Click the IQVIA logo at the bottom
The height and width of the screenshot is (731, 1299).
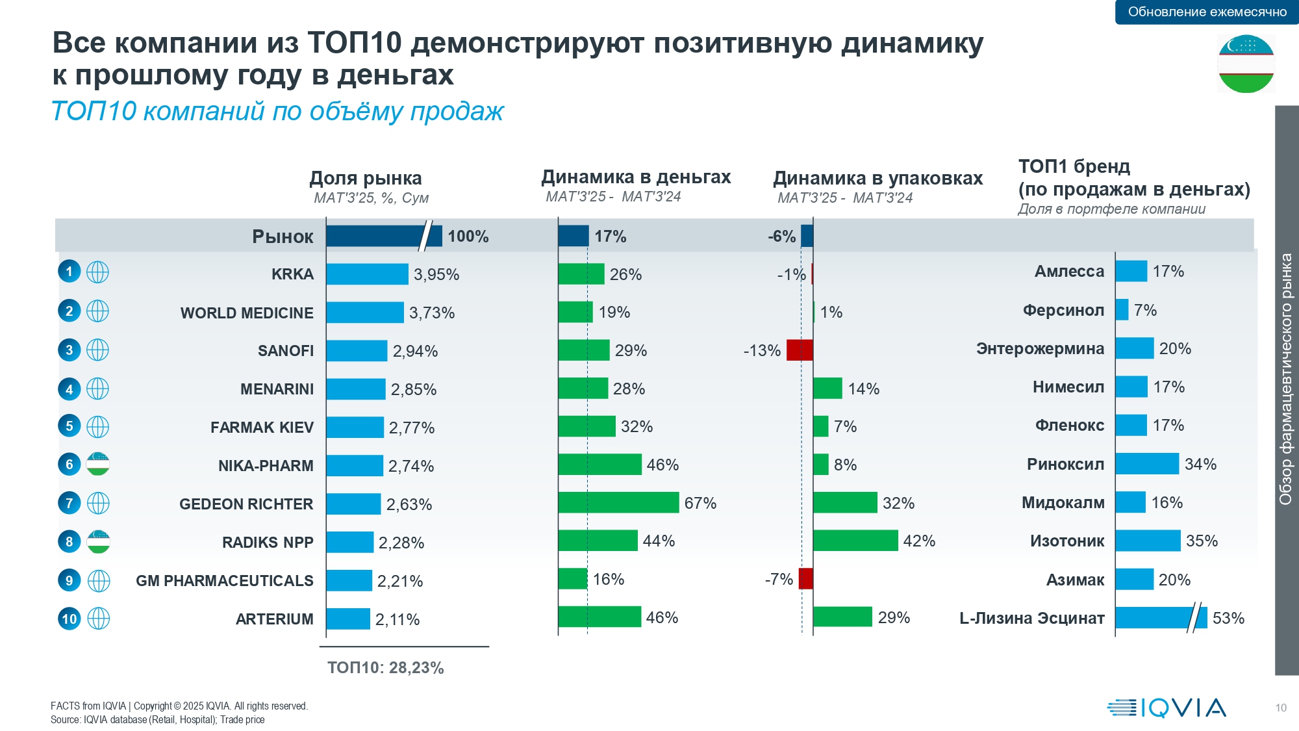1167,708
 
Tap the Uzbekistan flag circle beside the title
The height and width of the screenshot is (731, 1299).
1246,64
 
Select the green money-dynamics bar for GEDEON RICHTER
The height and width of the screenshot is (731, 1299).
618,503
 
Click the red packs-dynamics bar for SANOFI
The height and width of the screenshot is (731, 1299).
800,350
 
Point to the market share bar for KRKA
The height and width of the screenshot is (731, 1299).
367,274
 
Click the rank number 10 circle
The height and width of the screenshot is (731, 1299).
69,619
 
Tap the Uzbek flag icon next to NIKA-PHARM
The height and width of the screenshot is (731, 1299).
98,465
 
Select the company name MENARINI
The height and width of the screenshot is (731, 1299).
277,389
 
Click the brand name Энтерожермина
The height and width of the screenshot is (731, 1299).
1040,349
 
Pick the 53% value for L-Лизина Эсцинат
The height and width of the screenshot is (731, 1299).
1228,618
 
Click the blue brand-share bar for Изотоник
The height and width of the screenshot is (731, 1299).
1148,541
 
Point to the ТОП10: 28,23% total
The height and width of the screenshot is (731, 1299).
386,668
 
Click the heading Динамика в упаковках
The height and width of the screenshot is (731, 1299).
877,178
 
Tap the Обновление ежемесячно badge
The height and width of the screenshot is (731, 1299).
1207,12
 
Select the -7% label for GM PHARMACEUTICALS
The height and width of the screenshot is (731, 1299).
779,579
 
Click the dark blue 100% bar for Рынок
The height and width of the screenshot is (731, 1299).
383,236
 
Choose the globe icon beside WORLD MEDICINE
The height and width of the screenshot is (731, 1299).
98,311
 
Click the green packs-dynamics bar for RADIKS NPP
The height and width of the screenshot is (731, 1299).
855,541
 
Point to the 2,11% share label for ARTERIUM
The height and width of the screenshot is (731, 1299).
397,619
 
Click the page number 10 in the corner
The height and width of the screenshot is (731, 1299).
1281,708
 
